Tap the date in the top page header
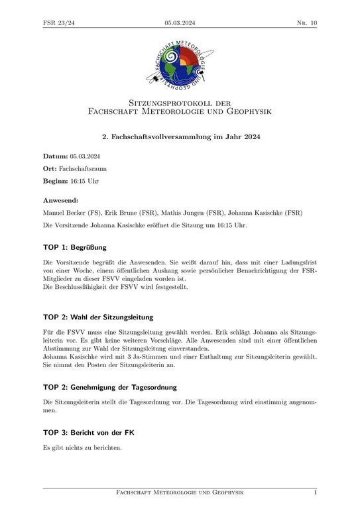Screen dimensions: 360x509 (x=180, y=23)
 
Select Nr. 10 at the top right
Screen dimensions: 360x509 (x=306, y=23)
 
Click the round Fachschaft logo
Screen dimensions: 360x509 (x=179, y=64)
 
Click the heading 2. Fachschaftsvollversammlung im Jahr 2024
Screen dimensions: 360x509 (x=180, y=137)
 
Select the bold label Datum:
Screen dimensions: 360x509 (x=56, y=156)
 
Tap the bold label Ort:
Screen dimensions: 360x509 (x=50, y=169)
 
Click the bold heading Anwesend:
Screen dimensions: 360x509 (x=61, y=199)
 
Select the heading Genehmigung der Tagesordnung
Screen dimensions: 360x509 (x=124, y=386)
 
